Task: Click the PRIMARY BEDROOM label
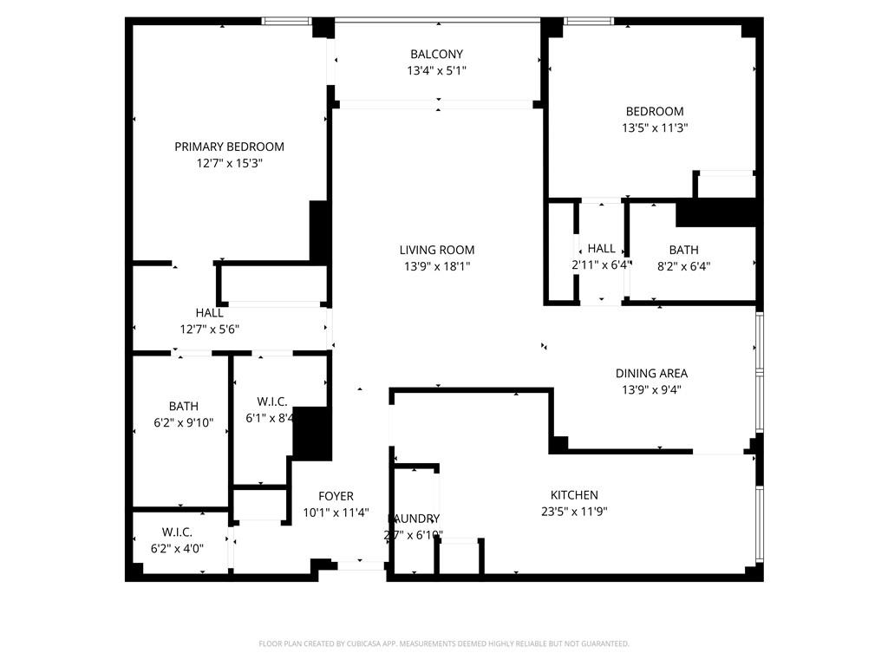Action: click(x=229, y=147)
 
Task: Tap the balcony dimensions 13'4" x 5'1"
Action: click(x=437, y=71)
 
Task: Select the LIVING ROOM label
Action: click(x=437, y=250)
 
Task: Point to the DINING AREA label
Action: click(x=651, y=374)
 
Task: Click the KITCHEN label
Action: click(x=573, y=495)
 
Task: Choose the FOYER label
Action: click(x=336, y=496)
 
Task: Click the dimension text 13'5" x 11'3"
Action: click(x=655, y=127)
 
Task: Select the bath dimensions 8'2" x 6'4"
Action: click(x=683, y=266)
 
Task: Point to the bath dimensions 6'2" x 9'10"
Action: click(x=183, y=422)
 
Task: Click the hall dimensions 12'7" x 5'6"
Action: click(x=209, y=329)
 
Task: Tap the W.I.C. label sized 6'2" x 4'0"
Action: click(x=177, y=532)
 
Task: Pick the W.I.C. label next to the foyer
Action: click(x=271, y=402)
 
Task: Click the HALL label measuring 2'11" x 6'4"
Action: click(x=601, y=249)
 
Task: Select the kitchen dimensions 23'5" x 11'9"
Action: click(x=573, y=512)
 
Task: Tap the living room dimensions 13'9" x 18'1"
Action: click(x=437, y=266)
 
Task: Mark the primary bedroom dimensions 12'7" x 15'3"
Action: click(x=229, y=163)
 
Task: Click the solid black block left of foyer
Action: click(x=312, y=433)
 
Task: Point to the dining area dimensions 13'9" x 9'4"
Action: click(x=651, y=390)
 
